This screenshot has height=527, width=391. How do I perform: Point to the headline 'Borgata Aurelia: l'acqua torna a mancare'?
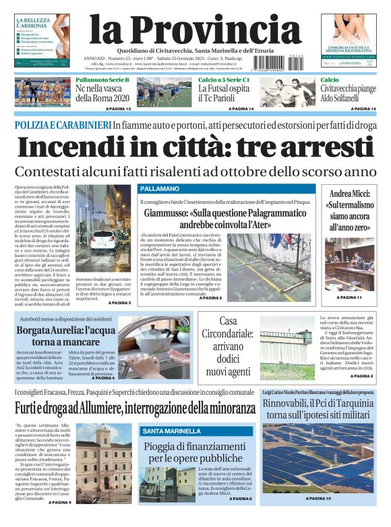coord(66,337)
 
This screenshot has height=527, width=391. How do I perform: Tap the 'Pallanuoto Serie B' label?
coord(102,80)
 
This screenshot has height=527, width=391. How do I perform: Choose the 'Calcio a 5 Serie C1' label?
coord(223,80)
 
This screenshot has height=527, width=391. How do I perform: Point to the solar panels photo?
coord(318,458)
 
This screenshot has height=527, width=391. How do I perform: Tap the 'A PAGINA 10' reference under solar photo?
coord(318,498)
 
